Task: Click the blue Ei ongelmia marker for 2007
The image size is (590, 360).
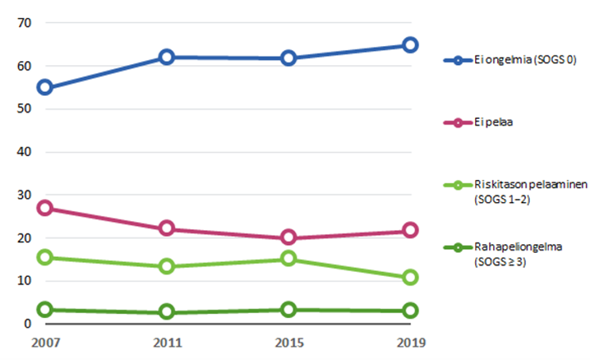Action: [44, 87]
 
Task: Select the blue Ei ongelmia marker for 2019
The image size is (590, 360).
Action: [410, 45]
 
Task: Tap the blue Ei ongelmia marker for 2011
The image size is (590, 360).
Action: [167, 57]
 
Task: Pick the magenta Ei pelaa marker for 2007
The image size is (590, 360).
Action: [44, 208]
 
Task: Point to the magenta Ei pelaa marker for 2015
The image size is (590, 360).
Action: [289, 238]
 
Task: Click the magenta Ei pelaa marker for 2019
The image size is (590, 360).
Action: [410, 231]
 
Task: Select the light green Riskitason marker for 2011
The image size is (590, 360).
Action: [167, 266]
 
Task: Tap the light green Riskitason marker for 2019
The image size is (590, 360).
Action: [410, 278]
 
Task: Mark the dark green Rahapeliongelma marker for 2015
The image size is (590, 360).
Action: [289, 309]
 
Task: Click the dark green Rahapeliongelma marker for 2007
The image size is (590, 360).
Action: [44, 309]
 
